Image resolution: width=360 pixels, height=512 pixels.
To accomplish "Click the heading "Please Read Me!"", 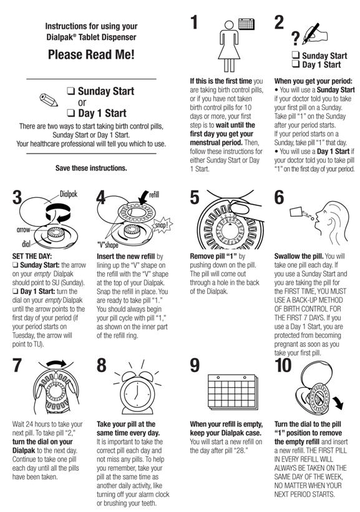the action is point(91,54).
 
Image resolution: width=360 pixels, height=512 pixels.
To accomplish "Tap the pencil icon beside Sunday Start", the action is point(49,100).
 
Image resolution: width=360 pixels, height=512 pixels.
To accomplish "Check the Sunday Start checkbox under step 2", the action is point(295,55).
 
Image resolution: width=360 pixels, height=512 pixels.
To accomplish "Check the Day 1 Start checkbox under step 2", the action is point(295,64).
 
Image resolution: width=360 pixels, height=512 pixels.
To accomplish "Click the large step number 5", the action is point(195,197).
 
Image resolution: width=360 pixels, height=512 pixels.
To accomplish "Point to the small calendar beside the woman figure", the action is point(246,24).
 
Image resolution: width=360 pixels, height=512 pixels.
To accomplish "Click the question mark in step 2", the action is point(295,38).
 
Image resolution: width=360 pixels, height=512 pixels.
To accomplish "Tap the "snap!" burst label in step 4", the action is point(162,225).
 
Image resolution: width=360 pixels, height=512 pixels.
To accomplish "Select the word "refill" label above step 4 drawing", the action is point(153,195).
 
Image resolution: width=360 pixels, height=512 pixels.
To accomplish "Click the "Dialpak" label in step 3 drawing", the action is point(69,194).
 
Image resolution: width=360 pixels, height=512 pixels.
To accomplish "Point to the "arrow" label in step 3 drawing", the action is point(23,230).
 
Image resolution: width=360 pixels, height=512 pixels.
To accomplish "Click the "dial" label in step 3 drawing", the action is point(26,244).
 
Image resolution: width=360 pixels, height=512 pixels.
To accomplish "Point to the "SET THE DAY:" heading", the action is point(32,257).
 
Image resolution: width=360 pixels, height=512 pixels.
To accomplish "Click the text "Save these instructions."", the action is point(91,168).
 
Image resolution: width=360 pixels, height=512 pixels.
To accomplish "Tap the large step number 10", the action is point(283,365).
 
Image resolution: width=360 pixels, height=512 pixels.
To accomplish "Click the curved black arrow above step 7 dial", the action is point(56,363).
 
